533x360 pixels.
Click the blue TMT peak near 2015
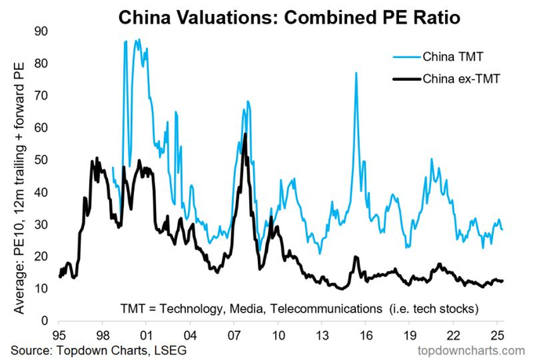[x=356, y=73]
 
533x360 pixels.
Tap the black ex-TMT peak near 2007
[x=245, y=134]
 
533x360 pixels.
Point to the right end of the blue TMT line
[x=502, y=229]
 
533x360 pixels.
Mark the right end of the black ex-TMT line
[x=502, y=281]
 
